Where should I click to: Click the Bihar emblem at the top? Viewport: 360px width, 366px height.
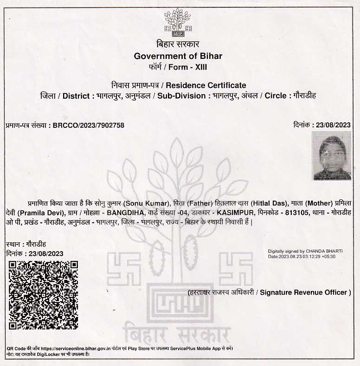[178, 22]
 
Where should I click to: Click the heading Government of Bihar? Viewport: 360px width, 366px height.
[178, 56]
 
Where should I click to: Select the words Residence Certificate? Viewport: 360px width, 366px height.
[206, 85]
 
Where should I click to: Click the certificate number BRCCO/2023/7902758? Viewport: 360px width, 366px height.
[89, 125]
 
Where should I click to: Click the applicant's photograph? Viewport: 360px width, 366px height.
[331, 155]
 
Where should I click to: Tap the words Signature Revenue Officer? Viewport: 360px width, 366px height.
[303, 292]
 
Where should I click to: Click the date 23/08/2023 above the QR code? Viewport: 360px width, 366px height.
[46, 253]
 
